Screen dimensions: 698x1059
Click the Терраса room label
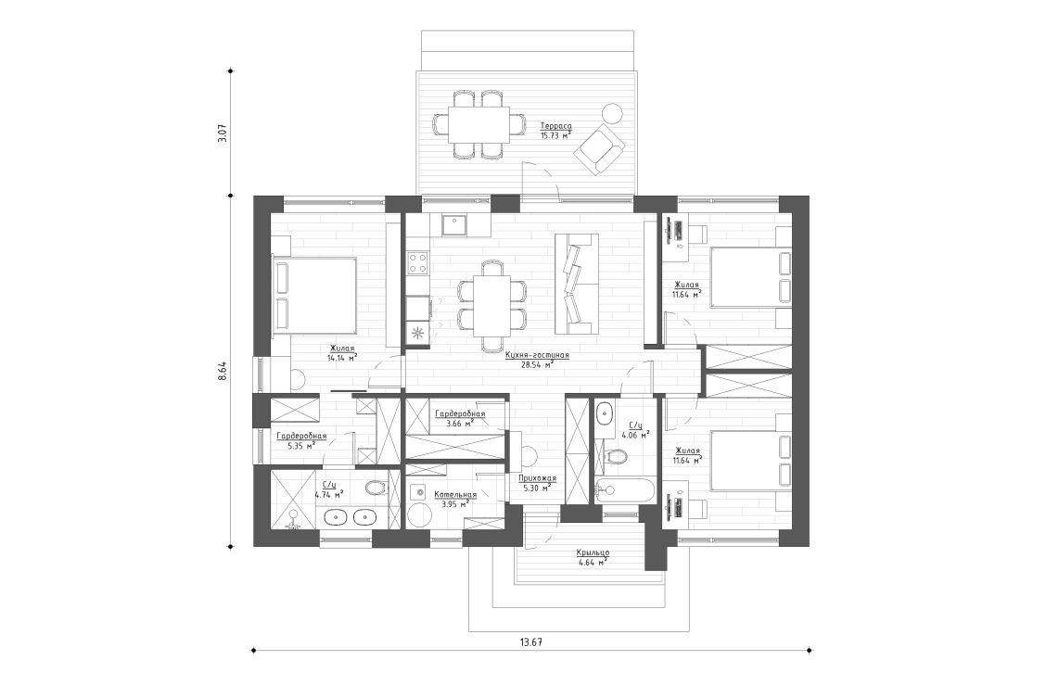[x=555, y=126]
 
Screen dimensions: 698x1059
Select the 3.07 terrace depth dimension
[x=222, y=133]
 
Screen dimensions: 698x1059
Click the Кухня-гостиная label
[x=537, y=355]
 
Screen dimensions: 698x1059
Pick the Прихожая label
[x=537, y=479]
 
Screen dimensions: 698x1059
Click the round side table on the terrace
[x=611, y=113]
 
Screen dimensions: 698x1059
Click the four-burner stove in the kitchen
[x=417, y=262]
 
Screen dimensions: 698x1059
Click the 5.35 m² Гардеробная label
[x=301, y=436]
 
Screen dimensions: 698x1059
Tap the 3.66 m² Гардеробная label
[x=459, y=413]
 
